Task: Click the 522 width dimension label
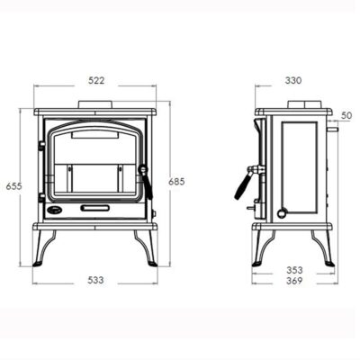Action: [x=96, y=81]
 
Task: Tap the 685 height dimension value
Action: [x=176, y=182]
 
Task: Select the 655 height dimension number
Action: [x=14, y=186]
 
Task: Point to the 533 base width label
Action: [x=95, y=280]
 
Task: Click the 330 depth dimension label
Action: [x=293, y=81]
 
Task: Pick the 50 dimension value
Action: [x=346, y=115]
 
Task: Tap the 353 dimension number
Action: [x=294, y=270]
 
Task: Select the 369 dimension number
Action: [x=294, y=281]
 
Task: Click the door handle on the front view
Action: [x=146, y=181]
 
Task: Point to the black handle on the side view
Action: [x=242, y=187]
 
